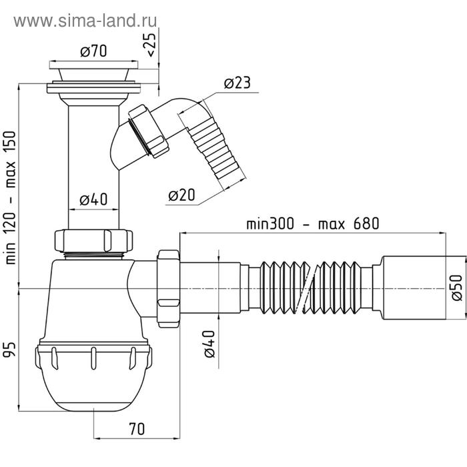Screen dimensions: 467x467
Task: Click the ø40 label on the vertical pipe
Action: [x=93, y=199]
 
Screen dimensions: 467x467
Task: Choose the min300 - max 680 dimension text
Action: [x=312, y=223]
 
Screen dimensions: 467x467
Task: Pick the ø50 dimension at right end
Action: [x=456, y=287]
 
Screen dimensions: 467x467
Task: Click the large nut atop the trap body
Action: [x=93, y=240]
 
